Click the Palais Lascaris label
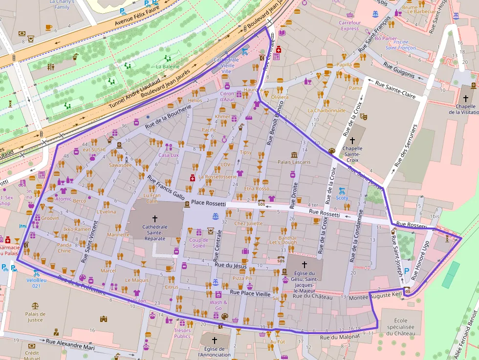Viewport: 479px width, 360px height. [294, 162]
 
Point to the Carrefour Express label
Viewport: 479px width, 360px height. [349, 25]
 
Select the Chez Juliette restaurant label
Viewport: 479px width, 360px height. [248, 224]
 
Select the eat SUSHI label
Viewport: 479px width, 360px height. [94, 150]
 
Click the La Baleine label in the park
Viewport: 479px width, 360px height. [168, 66]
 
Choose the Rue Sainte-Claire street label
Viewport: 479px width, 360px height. [395, 90]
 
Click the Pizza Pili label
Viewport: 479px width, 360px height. [242, 278]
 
